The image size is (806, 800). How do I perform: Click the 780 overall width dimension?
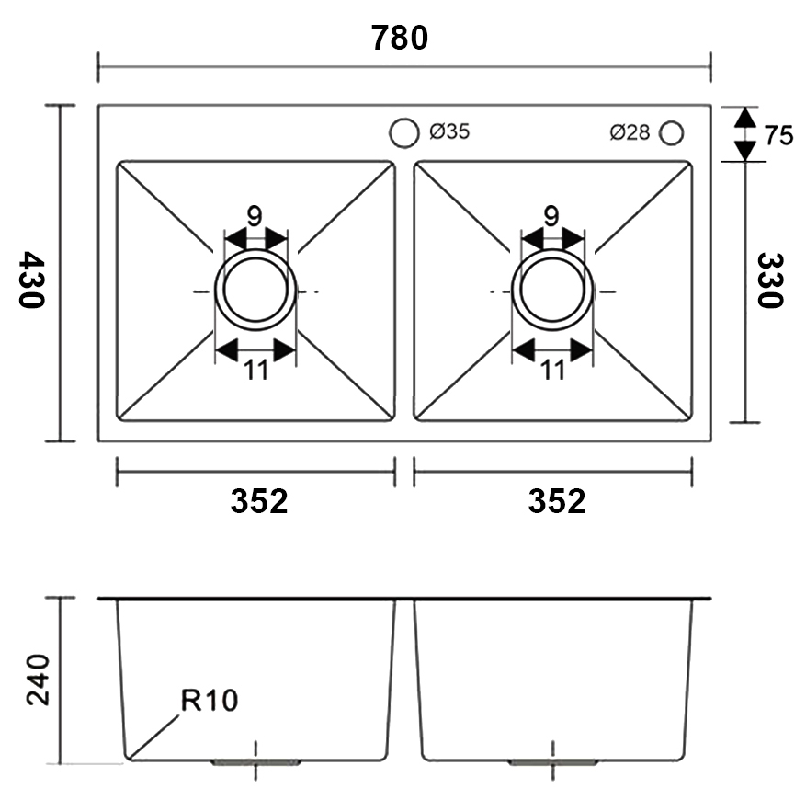[400, 38]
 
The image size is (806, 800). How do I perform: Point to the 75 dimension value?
[778, 135]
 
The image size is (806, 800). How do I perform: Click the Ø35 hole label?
[449, 131]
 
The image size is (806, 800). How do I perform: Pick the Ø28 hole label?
[630, 132]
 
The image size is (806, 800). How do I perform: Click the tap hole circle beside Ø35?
[403, 132]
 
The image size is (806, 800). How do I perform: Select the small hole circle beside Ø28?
[672, 132]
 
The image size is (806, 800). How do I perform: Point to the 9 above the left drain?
[255, 216]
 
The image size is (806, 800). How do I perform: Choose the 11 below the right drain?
[552, 370]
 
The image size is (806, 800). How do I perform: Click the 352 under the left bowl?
[259, 501]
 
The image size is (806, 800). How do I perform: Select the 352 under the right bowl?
[557, 501]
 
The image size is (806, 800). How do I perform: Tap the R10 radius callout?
[210, 702]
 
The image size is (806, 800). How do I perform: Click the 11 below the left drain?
[255, 370]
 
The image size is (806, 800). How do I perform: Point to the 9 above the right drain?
[551, 216]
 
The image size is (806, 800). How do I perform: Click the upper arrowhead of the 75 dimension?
[744, 118]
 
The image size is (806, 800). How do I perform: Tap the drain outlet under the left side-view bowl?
[255, 762]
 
